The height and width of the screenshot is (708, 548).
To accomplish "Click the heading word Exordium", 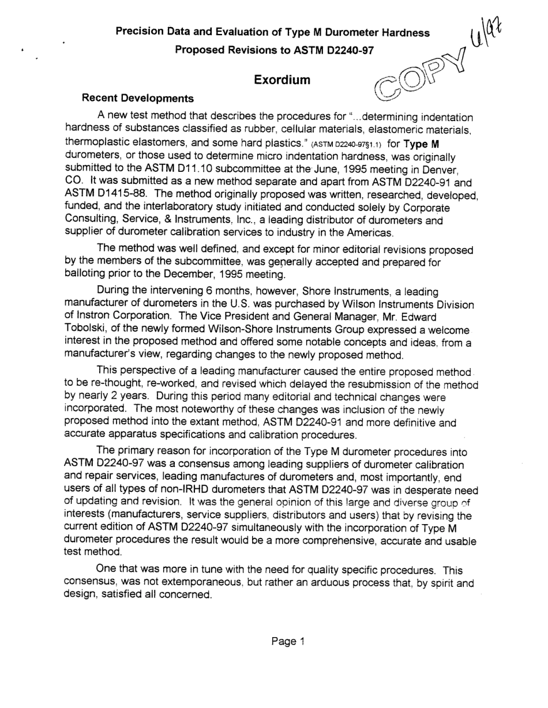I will (x=282, y=80).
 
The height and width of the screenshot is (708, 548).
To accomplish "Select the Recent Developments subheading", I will (x=138, y=99).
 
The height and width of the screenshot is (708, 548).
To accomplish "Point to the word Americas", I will (x=371, y=234).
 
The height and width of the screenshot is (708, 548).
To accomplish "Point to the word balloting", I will (x=86, y=274).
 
